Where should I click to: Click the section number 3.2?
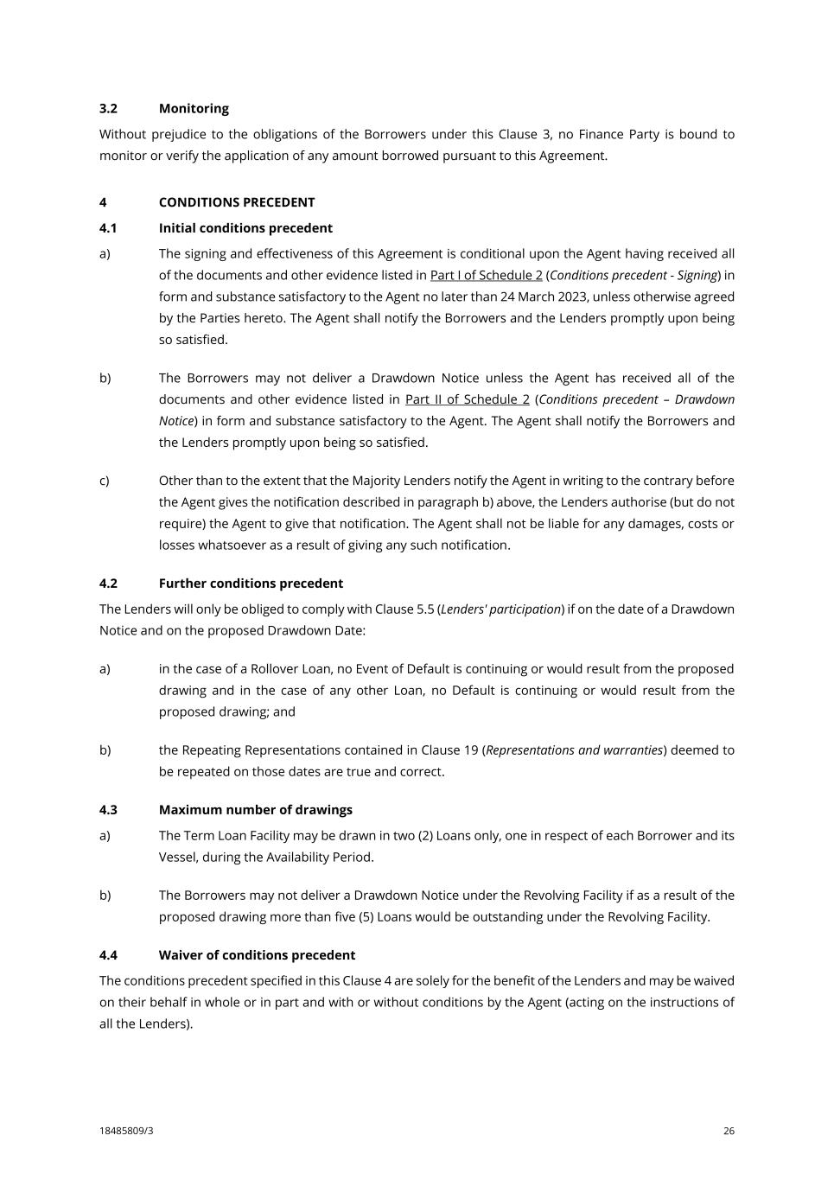coord(108,108)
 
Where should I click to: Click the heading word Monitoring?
coord(194,108)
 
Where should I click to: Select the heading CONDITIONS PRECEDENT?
coord(237,202)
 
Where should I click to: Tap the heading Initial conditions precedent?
coord(245,228)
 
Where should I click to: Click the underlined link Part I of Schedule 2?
coord(486,275)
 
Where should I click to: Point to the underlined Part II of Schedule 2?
coord(467,399)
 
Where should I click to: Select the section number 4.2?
coord(108,584)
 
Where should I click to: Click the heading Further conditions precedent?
coord(251,584)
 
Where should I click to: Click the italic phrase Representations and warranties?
coord(574,750)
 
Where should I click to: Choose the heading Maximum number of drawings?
coord(255,810)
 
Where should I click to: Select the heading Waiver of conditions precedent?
coord(257,955)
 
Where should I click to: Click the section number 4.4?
coord(108,955)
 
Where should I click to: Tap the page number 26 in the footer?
coord(729,1131)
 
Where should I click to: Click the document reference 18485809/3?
coord(126,1131)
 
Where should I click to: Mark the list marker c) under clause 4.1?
coord(105,481)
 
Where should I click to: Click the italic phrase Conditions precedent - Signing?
coord(633,275)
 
